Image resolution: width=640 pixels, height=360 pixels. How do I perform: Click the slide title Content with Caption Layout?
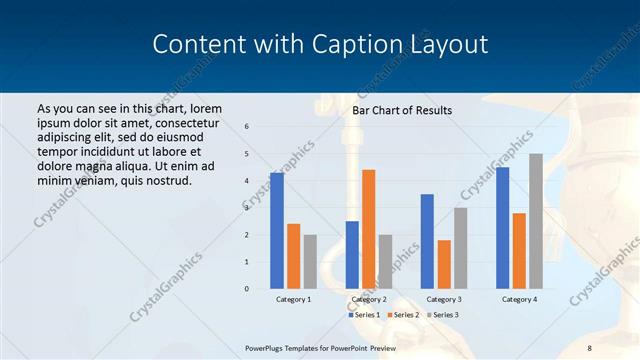point(320,45)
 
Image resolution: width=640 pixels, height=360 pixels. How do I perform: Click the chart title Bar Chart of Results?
point(402,110)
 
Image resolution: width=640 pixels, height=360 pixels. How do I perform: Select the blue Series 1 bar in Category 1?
point(277,231)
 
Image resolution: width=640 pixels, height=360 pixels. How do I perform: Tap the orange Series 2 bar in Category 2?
point(368,229)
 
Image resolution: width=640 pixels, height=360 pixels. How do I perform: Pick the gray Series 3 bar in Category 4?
point(536,221)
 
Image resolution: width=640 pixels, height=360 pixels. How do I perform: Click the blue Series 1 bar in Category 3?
point(427,241)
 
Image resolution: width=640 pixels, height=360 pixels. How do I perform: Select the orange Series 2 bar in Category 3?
point(444,264)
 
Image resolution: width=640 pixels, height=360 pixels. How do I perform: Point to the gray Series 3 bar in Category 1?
point(310,262)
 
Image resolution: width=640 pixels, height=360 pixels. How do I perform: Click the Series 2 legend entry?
point(403,315)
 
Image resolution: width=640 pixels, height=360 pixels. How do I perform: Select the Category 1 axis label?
point(293,299)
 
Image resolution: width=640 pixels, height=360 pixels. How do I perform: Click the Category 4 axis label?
point(519,299)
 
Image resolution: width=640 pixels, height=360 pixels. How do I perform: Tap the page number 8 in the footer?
point(589,347)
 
